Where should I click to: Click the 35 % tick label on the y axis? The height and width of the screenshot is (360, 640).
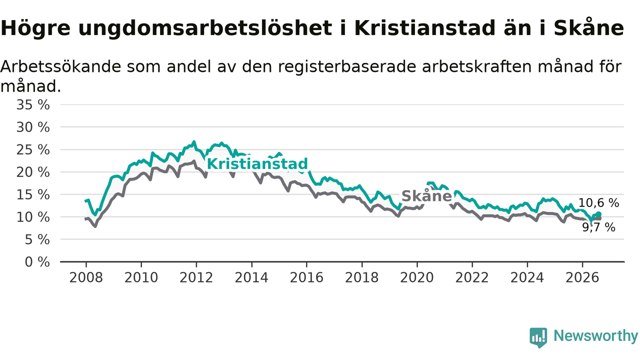pos(33,105)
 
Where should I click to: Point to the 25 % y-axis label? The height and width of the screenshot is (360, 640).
pos(33,149)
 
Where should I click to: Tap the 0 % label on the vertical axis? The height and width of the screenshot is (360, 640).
pos(37,262)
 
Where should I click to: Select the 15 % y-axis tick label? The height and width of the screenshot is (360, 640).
pos(33,195)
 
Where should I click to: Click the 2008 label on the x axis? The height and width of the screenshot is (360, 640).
pos(86,277)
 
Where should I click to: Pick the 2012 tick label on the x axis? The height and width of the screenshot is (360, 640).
pos(196,277)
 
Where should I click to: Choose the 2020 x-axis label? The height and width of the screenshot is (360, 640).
pos(417,277)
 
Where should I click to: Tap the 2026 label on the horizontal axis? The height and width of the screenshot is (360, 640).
pos(582,277)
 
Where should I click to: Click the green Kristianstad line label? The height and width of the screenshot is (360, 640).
pos(257,164)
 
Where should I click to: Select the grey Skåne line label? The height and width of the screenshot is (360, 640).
pos(426,196)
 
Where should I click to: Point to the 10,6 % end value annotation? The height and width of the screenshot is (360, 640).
pos(598,203)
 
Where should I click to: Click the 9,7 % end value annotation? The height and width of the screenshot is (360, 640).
pos(598,227)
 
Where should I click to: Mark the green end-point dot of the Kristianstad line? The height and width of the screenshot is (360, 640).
pos(598,214)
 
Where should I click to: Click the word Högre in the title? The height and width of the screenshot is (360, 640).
pos(35,28)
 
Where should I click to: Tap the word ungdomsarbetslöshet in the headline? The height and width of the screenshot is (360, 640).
pos(205,28)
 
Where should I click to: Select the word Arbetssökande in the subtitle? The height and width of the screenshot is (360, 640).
pos(60,66)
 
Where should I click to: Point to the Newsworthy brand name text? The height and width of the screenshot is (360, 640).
pos(596,336)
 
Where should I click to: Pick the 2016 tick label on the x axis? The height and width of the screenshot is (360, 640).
pos(306,277)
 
